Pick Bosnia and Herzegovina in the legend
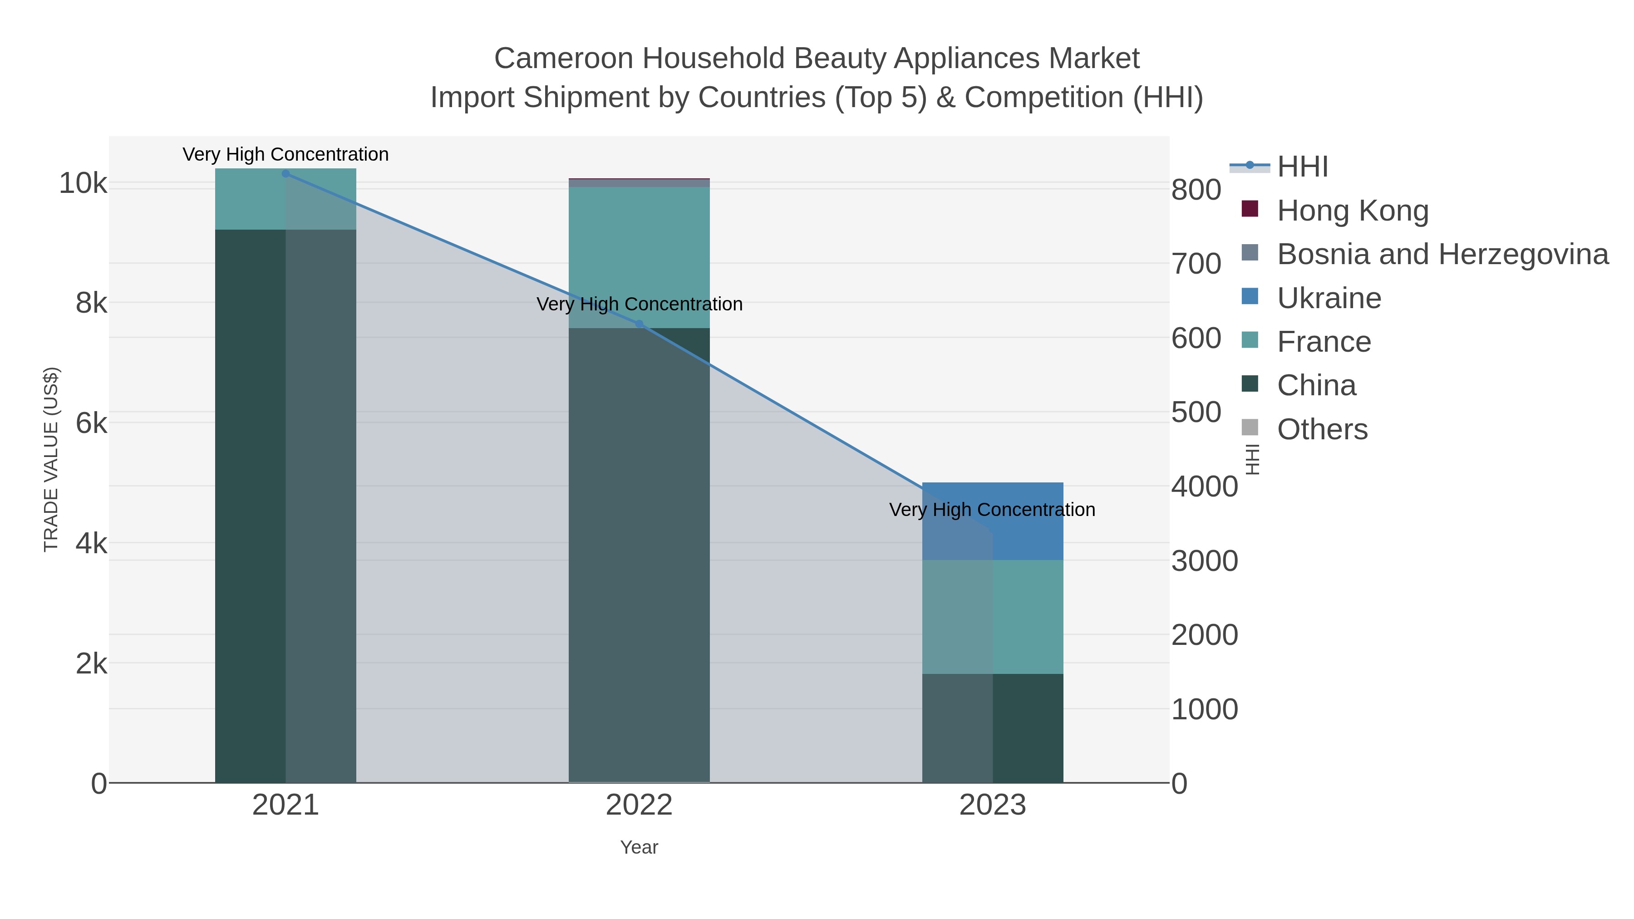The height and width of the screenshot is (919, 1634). (x=1442, y=254)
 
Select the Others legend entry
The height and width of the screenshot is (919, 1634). (x=1321, y=429)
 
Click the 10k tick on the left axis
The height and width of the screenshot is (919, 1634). (x=83, y=184)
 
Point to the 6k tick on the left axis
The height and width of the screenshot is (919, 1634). (x=91, y=424)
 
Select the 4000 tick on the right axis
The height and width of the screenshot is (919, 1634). (x=1204, y=487)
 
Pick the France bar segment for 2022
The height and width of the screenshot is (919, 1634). (x=639, y=257)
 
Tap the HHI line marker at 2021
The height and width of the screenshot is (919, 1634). (x=285, y=174)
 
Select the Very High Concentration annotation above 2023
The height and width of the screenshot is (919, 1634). (x=992, y=510)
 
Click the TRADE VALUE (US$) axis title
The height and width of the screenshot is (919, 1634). (x=51, y=459)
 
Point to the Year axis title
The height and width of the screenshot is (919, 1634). (x=639, y=847)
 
